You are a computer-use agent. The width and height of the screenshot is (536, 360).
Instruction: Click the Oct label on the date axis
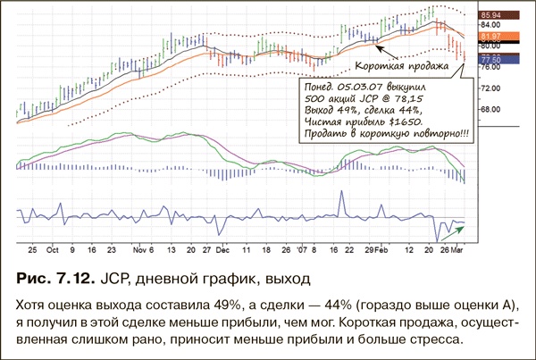(x=54, y=251)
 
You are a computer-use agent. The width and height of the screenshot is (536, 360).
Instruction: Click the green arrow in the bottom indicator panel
(x=455, y=230)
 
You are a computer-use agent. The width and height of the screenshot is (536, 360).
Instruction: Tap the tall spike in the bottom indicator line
(x=342, y=195)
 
